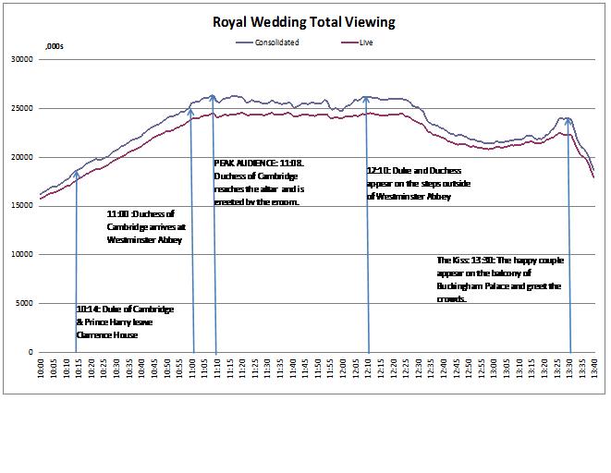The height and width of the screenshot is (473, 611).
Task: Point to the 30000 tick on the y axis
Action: [22, 60]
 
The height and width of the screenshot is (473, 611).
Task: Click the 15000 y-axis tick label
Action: [22, 206]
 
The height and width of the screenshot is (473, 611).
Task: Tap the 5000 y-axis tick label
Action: [25, 303]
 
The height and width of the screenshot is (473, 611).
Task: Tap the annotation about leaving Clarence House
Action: [125, 321]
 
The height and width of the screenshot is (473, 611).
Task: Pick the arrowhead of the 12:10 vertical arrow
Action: [368, 97]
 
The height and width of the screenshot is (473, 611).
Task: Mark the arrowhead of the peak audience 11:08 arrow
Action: [214, 97]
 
